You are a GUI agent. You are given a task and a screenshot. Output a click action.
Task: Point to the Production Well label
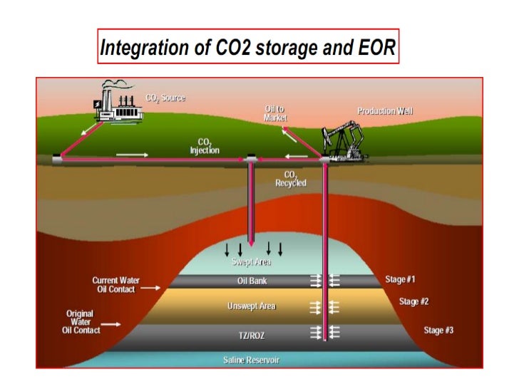[x=385, y=111]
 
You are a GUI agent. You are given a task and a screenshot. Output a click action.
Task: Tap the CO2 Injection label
[x=205, y=146]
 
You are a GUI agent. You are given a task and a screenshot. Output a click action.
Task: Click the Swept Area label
[x=251, y=261]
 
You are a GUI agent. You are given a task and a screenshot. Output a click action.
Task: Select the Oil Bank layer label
[x=252, y=281]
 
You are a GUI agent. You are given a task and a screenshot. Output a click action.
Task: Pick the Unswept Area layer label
[x=251, y=306]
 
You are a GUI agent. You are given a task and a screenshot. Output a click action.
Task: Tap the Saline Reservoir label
[x=252, y=360]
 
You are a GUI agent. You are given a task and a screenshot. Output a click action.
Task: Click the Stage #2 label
[x=414, y=301]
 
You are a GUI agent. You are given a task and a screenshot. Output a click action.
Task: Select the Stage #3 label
[x=438, y=330]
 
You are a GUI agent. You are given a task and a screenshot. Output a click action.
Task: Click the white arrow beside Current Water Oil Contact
[x=150, y=289]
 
